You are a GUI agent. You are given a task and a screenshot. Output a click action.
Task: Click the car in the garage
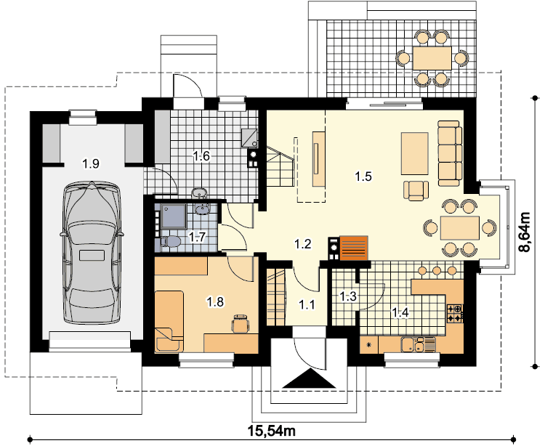[x=92, y=253]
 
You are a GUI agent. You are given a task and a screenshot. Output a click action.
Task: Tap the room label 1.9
[x=91, y=163]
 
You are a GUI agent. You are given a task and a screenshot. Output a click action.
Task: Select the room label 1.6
[x=201, y=156]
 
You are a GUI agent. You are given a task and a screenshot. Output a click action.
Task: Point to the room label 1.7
[x=198, y=238]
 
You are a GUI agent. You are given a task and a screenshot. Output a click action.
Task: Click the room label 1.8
[x=215, y=302]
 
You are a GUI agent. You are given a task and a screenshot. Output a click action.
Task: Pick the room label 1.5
[x=363, y=177]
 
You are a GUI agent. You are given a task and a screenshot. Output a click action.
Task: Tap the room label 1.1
[x=307, y=305]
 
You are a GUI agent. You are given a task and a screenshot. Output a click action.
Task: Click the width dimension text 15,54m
[x=272, y=431]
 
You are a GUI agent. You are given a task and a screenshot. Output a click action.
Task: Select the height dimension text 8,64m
[x=524, y=232]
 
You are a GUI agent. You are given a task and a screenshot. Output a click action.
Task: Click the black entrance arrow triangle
[x=309, y=379]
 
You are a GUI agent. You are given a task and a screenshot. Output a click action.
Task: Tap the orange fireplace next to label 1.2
[x=354, y=248]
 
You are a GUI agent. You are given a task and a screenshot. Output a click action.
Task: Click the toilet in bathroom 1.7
[x=170, y=242]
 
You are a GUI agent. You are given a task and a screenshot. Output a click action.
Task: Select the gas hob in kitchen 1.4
[x=455, y=312]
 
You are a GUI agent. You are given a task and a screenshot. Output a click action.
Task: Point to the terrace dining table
[x=432, y=58]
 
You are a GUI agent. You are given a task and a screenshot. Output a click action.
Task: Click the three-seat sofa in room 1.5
[x=450, y=153]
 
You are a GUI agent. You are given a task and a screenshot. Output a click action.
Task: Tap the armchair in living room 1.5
[x=416, y=191]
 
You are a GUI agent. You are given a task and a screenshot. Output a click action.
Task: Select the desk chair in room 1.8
[x=241, y=323]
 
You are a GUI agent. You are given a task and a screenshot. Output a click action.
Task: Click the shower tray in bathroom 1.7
[x=174, y=216]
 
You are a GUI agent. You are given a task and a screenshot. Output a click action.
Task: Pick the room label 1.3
[x=348, y=296]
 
